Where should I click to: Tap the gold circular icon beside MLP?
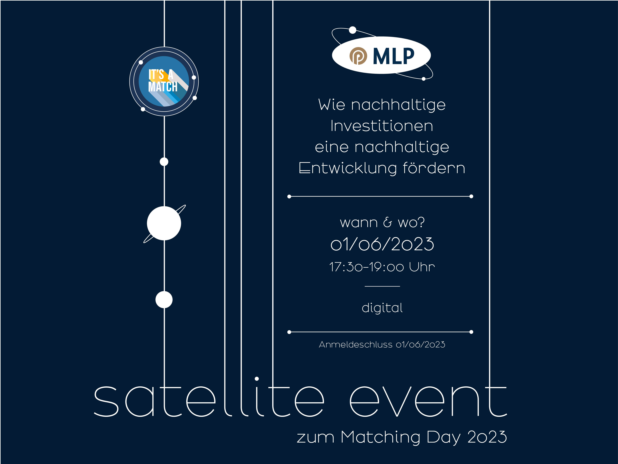[x=358, y=56]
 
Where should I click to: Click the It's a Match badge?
[x=164, y=81]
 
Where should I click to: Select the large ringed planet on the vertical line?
[x=164, y=223]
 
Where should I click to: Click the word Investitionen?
[x=382, y=126]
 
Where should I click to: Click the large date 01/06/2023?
[x=382, y=244]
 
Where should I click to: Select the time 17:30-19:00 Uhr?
[x=382, y=267]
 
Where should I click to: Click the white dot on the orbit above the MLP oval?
[x=353, y=30]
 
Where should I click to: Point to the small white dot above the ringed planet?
[x=164, y=162]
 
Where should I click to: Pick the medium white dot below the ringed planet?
[x=164, y=300]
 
